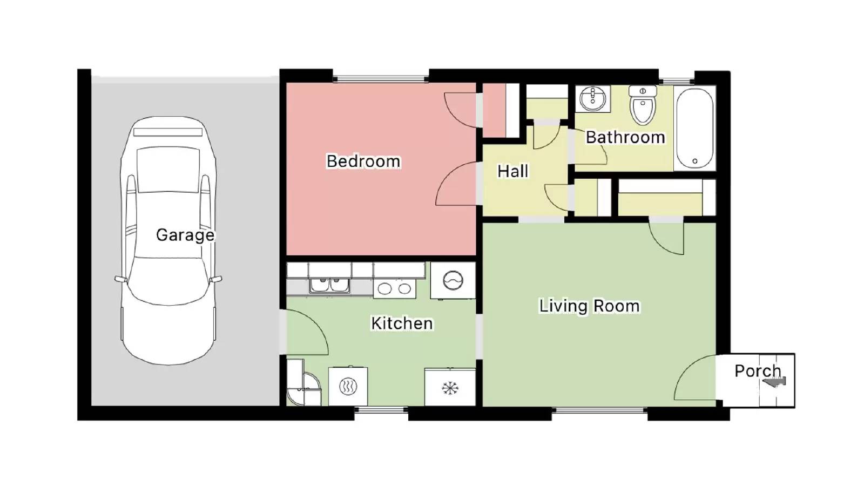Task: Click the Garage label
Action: point(185,235)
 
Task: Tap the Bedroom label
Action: point(363,161)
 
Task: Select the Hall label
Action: point(512,171)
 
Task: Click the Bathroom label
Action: point(625,137)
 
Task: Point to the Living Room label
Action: point(589,306)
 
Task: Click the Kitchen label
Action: point(402,323)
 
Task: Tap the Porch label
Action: point(758,371)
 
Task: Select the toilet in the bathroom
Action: point(643,104)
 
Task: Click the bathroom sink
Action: point(593,99)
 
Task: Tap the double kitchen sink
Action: point(330,286)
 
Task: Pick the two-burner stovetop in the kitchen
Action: point(394,288)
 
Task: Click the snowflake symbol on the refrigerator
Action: point(450,388)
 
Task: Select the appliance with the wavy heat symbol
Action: point(348,386)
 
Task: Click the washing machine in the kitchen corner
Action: point(453,280)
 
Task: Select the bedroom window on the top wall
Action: point(381,79)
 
